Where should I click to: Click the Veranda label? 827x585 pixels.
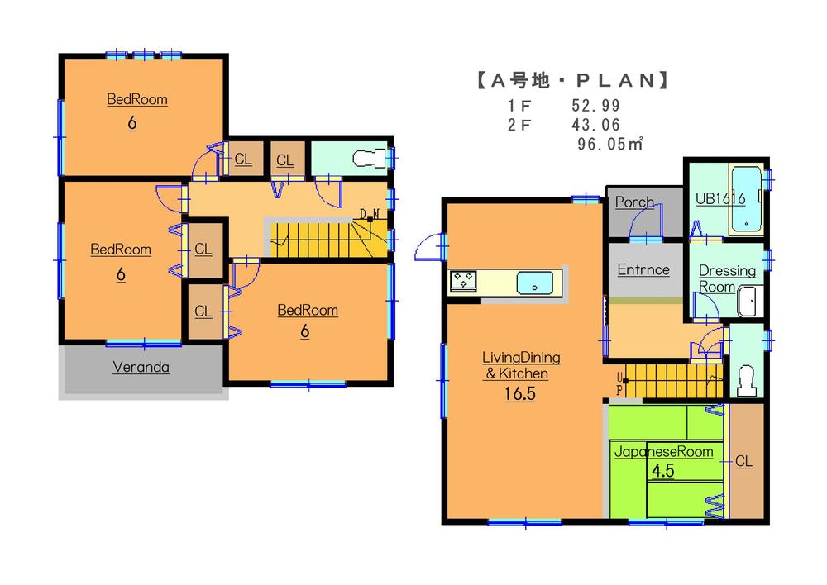point(141,368)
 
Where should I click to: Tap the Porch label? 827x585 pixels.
point(634,202)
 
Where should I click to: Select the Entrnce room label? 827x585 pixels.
point(643,269)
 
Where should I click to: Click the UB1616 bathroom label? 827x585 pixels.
point(720,198)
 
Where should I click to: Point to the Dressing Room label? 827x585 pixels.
point(726,278)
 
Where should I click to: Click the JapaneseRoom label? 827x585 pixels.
point(662,452)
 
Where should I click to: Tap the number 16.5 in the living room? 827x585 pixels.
point(521,394)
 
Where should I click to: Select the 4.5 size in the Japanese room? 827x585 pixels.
point(662,472)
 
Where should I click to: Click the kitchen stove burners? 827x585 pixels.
point(464,282)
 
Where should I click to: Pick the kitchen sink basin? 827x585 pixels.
point(535,283)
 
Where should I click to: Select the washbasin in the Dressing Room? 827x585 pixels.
point(749,302)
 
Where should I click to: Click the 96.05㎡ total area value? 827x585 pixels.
point(610,143)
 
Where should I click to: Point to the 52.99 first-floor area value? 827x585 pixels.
point(595,106)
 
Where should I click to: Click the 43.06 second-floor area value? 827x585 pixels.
point(595,124)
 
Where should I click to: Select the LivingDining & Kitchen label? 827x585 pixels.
point(521,365)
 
